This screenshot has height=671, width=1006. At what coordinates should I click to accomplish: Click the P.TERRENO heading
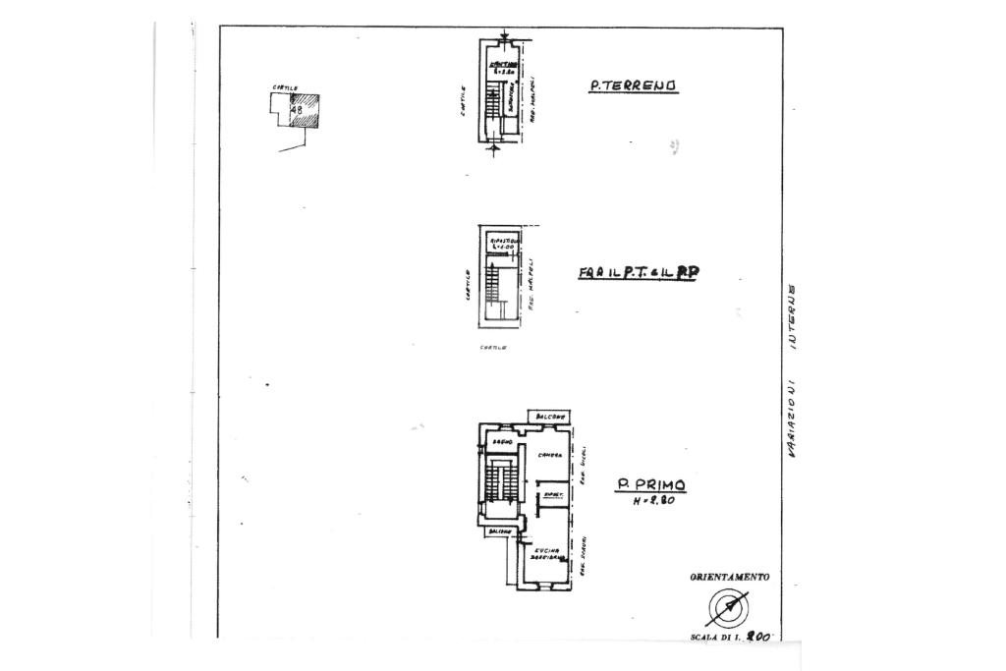tap(634, 85)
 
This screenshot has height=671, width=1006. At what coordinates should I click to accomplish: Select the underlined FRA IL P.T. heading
tap(638, 274)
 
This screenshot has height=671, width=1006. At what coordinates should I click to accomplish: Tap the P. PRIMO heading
tap(650, 484)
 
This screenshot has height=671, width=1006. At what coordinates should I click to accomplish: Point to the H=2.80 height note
tap(653, 503)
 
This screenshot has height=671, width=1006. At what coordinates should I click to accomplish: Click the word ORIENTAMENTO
tap(729, 578)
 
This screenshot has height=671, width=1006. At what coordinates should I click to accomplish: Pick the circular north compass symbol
tap(728, 609)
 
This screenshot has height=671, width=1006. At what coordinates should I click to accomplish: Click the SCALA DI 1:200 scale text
tap(732, 637)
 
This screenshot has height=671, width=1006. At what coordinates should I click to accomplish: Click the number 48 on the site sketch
tap(296, 110)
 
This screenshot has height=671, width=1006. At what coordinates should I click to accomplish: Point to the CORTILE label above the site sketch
tap(285, 88)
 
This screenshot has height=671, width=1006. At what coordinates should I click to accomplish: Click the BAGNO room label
tap(499, 444)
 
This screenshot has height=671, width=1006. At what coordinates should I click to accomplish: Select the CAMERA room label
tap(549, 453)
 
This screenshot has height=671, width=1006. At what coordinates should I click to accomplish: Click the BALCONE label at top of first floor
tap(550, 416)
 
